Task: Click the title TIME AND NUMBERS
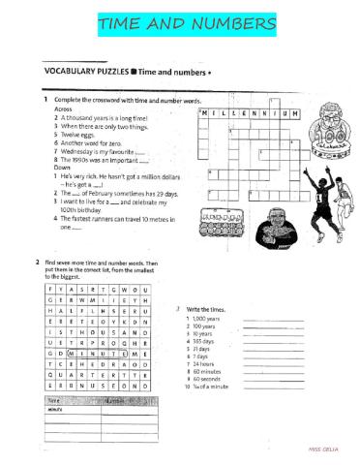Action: (x=179, y=22)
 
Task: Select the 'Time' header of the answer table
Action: (x=55, y=399)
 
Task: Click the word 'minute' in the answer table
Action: (x=55, y=410)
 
